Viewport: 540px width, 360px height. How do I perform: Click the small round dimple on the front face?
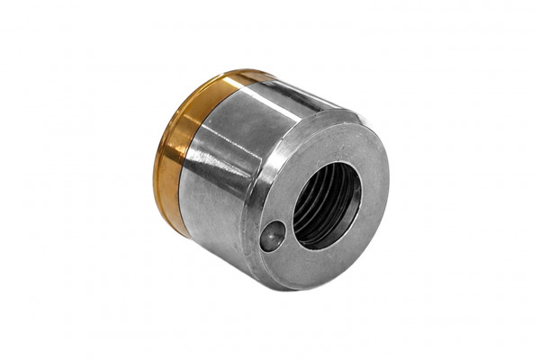click(272, 237)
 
